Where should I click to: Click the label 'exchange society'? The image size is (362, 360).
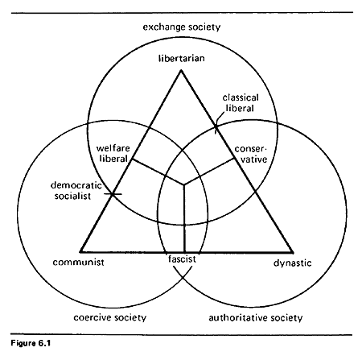pyautogui.click(x=182, y=27)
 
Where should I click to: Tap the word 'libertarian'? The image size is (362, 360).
pyautogui.click(x=182, y=58)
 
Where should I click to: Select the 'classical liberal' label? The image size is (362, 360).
pyautogui.click(x=241, y=103)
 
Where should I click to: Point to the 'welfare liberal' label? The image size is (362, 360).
pyautogui.click(x=113, y=153)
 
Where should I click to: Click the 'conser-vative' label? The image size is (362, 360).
pyautogui.click(x=251, y=154)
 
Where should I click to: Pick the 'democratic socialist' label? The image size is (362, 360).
pyautogui.click(x=76, y=191)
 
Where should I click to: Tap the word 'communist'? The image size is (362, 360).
pyautogui.click(x=78, y=263)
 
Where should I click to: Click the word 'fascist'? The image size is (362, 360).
pyautogui.click(x=182, y=259)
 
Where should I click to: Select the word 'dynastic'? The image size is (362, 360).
pyautogui.click(x=293, y=263)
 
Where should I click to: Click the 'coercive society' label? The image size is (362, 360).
pyautogui.click(x=110, y=317)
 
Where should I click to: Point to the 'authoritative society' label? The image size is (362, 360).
pyautogui.click(x=256, y=318)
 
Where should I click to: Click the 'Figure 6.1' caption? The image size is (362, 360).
pyautogui.click(x=31, y=343)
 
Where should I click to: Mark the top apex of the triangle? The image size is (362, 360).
pyautogui.click(x=181, y=70)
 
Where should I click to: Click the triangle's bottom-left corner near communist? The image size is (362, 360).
pyautogui.click(x=80, y=252)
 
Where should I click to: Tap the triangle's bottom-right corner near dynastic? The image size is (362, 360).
pyautogui.click(x=293, y=252)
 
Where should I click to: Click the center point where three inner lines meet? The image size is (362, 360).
pyautogui.click(x=183, y=184)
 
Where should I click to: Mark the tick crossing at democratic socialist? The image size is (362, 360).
pyautogui.click(x=113, y=194)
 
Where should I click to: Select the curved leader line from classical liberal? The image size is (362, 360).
pyautogui.click(x=219, y=118)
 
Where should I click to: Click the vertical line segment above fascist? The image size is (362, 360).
pyautogui.click(x=184, y=218)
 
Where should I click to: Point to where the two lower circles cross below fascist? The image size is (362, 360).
pyautogui.click(x=183, y=277)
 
